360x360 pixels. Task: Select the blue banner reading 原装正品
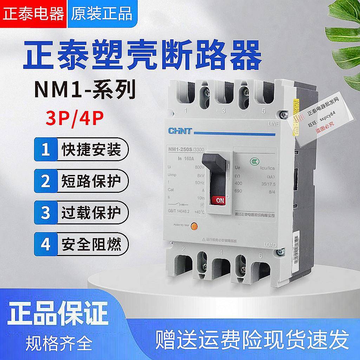[102, 14]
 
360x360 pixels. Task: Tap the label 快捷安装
[91, 150]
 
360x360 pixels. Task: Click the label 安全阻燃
[91, 244]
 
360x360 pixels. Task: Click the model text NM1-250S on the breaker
[177, 150]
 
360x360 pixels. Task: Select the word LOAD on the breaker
[270, 245]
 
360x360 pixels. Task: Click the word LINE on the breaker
[272, 124]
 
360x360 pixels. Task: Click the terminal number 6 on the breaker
[260, 256]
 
